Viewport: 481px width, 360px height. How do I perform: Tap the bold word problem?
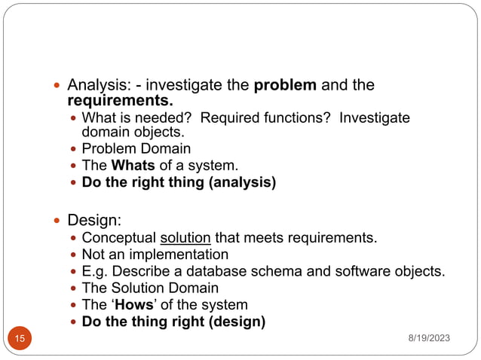point(285,85)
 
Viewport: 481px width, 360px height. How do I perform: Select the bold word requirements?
point(120,100)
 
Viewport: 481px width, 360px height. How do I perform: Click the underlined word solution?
point(185,239)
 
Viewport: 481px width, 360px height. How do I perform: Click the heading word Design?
point(94,220)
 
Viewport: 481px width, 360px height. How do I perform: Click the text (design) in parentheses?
point(235,322)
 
